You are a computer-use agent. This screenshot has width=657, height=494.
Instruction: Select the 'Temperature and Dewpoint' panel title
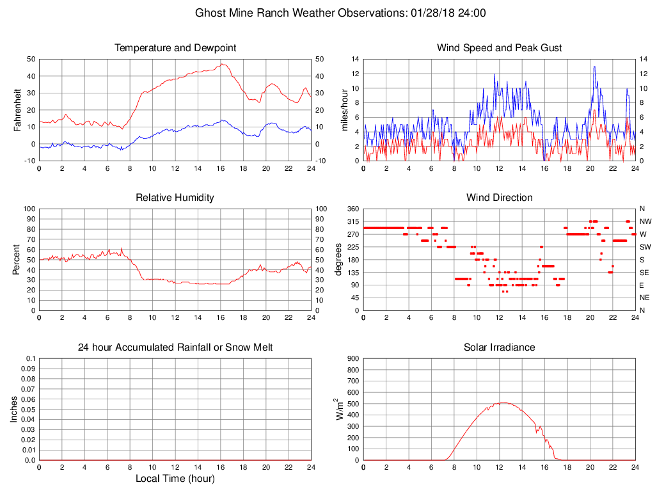pyautogui.click(x=175, y=48)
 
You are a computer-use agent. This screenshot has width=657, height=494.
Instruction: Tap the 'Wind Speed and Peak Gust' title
pyautogui.click(x=499, y=48)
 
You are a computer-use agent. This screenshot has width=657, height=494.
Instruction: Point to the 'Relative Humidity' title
pyautogui.click(x=175, y=198)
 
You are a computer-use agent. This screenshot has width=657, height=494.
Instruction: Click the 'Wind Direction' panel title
pyautogui.click(x=499, y=198)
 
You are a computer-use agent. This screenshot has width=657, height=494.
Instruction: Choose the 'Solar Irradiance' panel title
pyautogui.click(x=499, y=347)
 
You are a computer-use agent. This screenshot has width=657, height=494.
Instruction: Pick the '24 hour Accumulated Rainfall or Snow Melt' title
pyautogui.click(x=175, y=347)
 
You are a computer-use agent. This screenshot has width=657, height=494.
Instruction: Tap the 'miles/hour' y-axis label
pyautogui.click(x=345, y=109)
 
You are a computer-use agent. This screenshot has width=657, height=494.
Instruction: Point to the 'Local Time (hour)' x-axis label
pyautogui.click(x=175, y=479)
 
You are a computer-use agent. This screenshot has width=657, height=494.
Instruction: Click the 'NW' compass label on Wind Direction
pyautogui.click(x=645, y=221)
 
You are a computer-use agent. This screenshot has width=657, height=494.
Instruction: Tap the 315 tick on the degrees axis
pyautogui.click(x=352, y=221)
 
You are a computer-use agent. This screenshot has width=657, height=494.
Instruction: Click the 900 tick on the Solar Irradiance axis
pyautogui.click(x=352, y=359)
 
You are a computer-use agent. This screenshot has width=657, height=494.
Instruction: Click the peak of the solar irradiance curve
pyautogui.click(x=503, y=402)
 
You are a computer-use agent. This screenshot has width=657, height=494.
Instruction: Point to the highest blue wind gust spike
pyautogui.click(x=594, y=67)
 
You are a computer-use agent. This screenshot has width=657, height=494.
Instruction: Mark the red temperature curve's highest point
pyautogui.click(x=222, y=64)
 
